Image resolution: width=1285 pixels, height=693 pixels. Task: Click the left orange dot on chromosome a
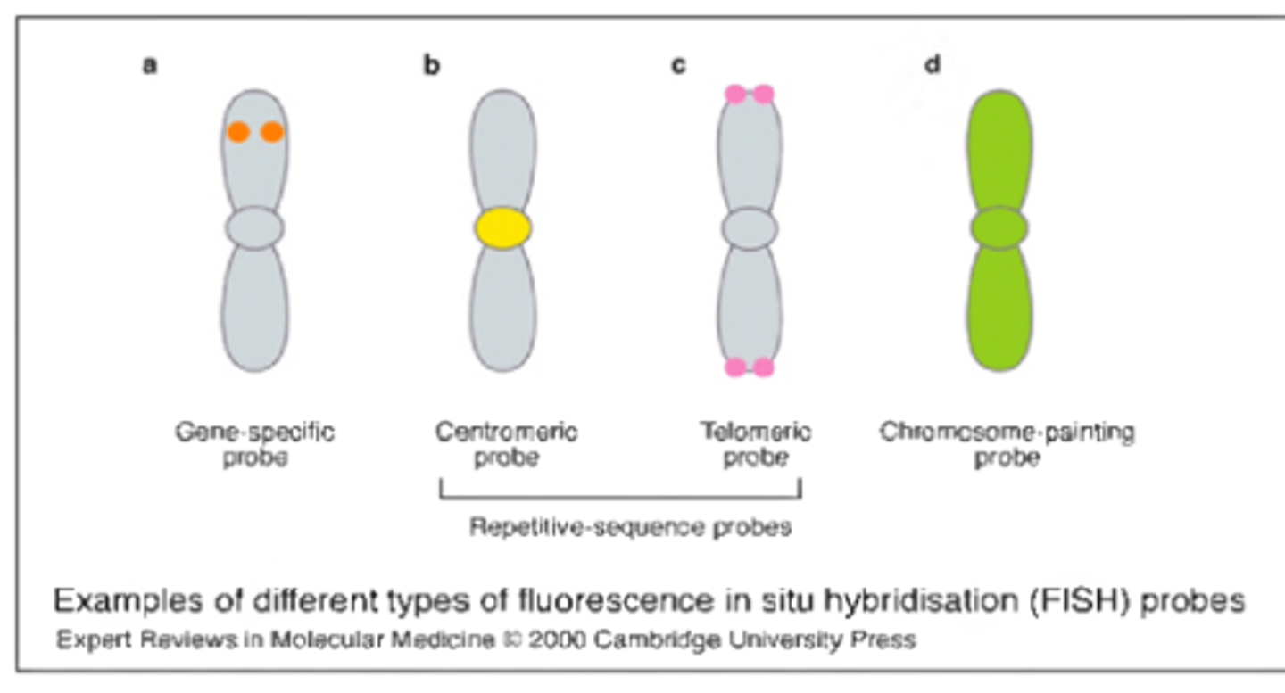(x=237, y=132)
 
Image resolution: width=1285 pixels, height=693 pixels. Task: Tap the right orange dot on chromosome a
(x=271, y=132)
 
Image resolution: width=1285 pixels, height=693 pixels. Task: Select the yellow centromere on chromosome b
(x=503, y=227)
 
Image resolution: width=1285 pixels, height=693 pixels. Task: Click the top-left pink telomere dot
(x=735, y=94)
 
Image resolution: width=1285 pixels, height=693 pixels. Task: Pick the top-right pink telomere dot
(x=763, y=94)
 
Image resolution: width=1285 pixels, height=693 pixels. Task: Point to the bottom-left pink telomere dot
(x=735, y=367)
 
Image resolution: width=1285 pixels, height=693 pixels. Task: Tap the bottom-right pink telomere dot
(x=763, y=367)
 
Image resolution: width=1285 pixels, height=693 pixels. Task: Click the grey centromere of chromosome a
(x=254, y=227)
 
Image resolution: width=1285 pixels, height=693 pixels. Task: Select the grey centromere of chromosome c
(x=750, y=227)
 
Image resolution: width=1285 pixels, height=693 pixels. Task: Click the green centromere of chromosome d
(x=999, y=227)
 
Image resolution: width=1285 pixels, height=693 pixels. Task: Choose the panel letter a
(x=150, y=66)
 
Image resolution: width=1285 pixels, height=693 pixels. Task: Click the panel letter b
(x=432, y=66)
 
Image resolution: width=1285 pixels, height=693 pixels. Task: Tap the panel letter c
(x=679, y=66)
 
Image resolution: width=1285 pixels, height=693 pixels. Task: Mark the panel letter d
(x=933, y=66)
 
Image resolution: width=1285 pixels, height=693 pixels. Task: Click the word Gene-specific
(x=254, y=433)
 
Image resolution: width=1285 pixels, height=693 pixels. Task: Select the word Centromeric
(x=506, y=433)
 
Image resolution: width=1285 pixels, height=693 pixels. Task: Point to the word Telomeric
(x=755, y=433)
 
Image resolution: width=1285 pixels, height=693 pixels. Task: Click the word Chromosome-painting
(x=1007, y=433)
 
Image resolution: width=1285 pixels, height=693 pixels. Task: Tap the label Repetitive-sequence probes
(x=630, y=527)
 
